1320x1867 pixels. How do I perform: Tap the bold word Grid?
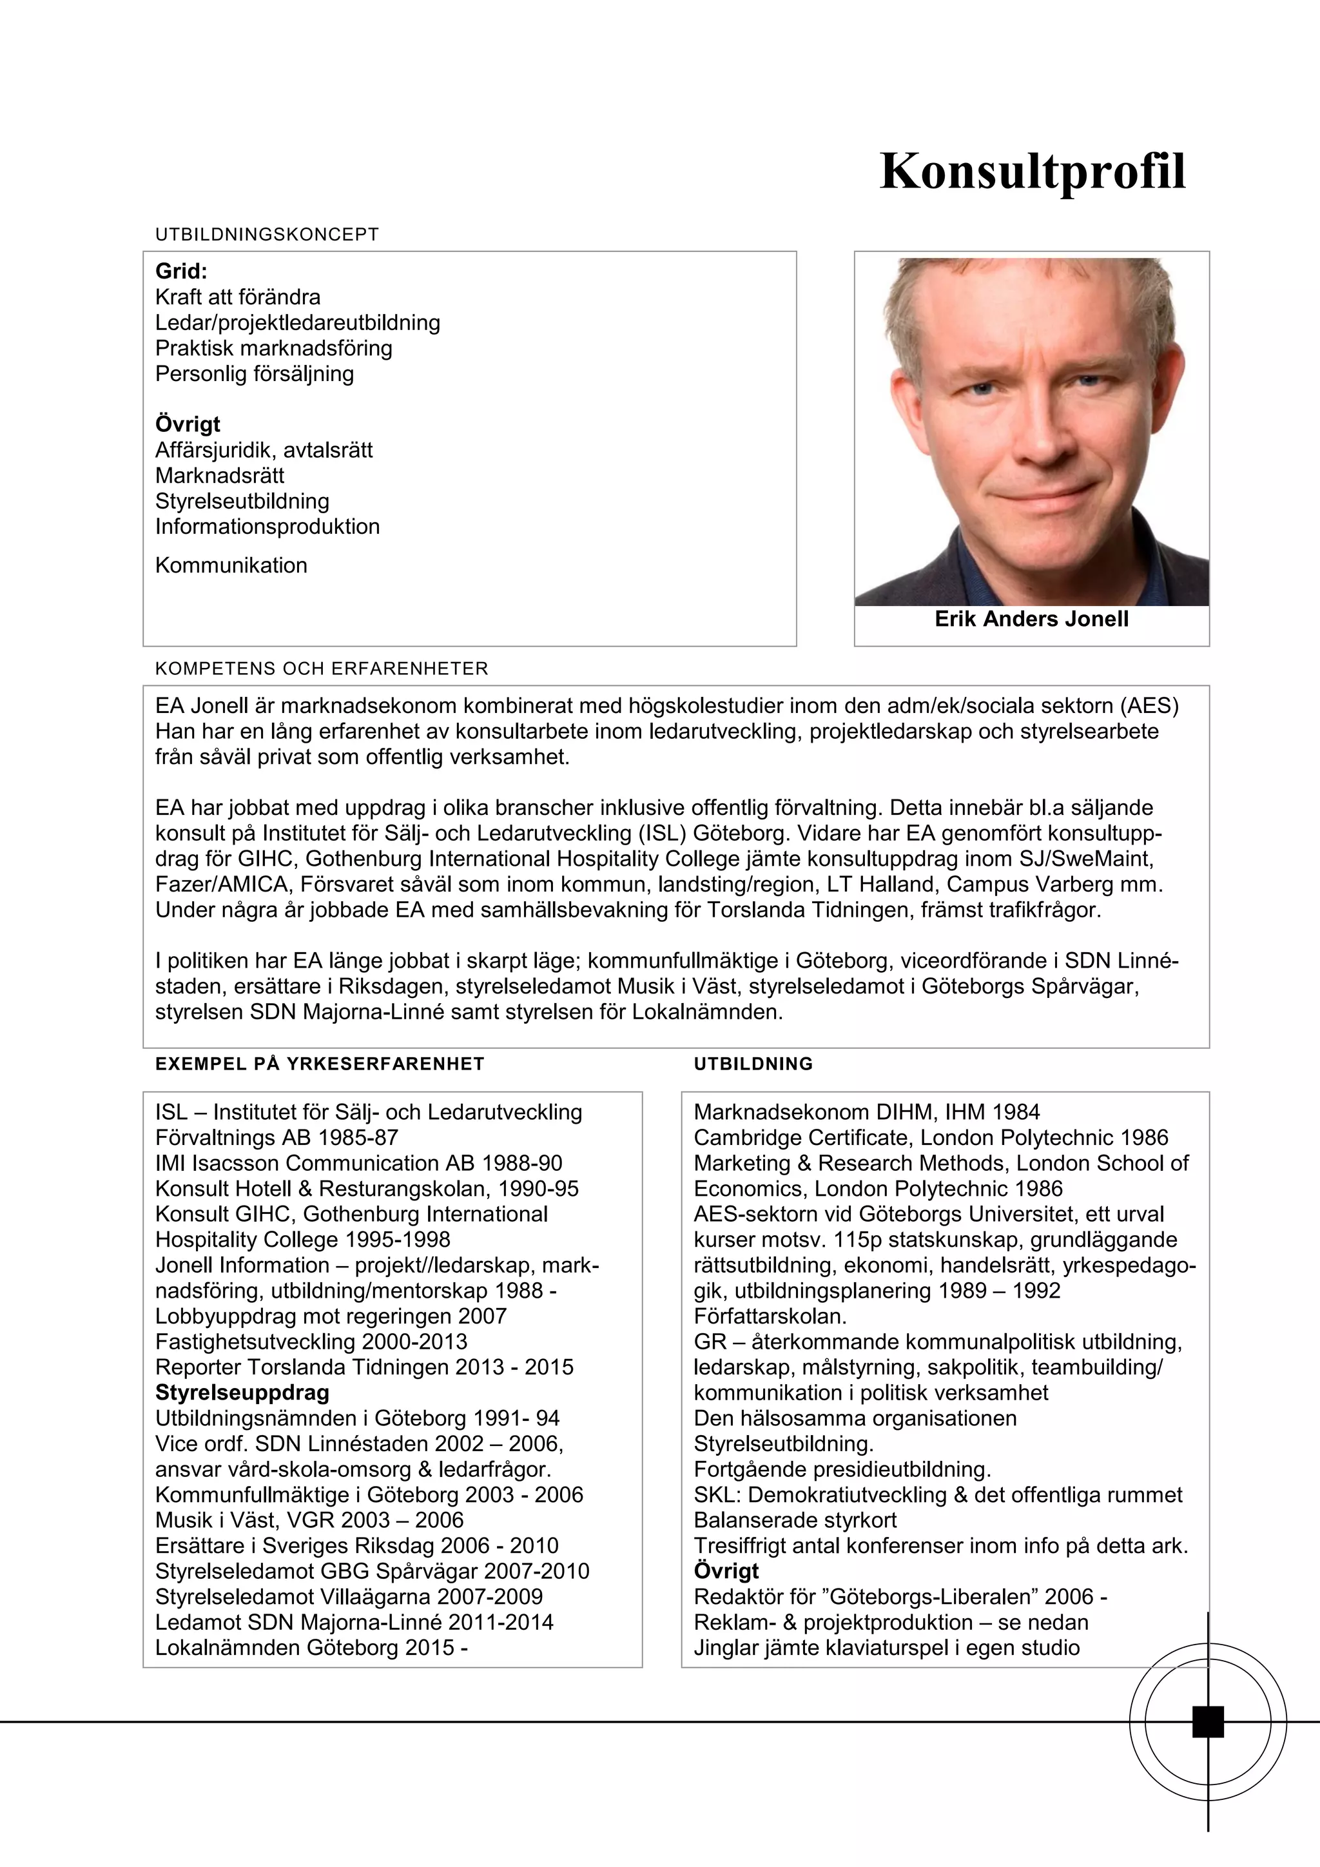click(181, 271)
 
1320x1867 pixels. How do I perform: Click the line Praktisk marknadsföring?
click(273, 348)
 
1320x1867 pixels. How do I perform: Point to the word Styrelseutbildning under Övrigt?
click(242, 501)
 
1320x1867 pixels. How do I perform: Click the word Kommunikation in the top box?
click(231, 565)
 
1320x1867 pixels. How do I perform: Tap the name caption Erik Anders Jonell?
click(1031, 619)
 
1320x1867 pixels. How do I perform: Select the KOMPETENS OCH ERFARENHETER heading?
click(322, 669)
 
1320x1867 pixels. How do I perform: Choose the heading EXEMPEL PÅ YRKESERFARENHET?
click(320, 1064)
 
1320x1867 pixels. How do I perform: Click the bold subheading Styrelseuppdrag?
click(242, 1393)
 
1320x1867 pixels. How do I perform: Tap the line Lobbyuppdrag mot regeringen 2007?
click(331, 1316)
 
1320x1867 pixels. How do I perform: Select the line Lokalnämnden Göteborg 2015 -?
click(311, 1648)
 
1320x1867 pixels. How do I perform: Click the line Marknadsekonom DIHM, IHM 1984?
click(866, 1111)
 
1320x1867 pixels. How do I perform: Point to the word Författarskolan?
click(770, 1316)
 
